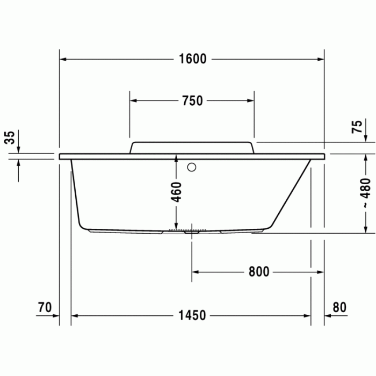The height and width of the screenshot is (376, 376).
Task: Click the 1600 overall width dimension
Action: tap(192, 59)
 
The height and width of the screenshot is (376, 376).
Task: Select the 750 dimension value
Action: tap(192, 100)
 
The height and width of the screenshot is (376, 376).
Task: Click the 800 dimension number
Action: tap(258, 272)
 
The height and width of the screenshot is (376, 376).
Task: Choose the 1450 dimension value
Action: tap(192, 315)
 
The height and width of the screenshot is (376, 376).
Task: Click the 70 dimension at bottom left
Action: tap(45, 307)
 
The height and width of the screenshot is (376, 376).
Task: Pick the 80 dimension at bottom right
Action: tap(339, 307)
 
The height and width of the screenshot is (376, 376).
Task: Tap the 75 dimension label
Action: tap(357, 127)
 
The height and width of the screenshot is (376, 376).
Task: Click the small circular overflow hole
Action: tap(192, 167)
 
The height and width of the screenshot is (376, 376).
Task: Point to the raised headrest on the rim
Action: tap(191, 147)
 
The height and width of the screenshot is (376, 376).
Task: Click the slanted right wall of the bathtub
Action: tap(293, 193)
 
